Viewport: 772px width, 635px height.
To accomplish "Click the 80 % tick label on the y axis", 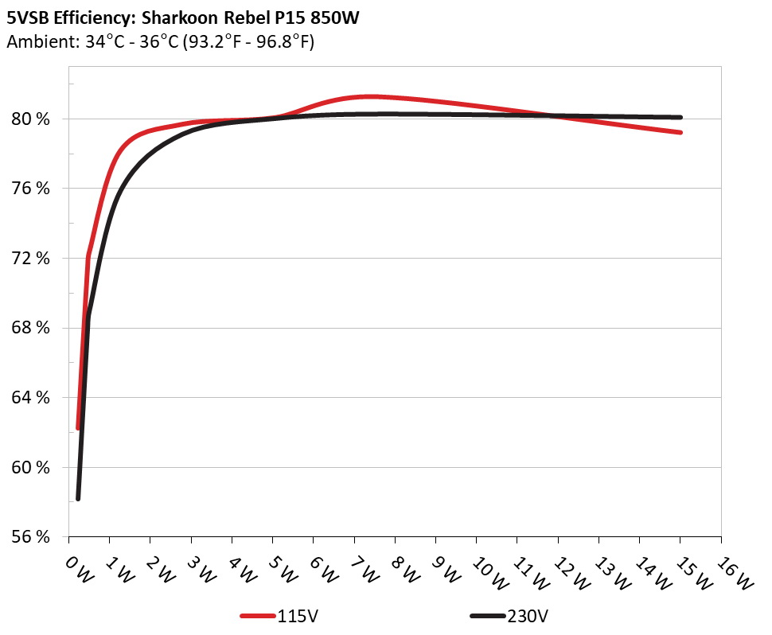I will [31, 119].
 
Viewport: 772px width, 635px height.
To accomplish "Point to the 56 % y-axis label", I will [31, 537].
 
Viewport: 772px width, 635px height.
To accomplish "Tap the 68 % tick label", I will [31, 328].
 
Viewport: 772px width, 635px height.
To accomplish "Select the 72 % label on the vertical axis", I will [31, 259].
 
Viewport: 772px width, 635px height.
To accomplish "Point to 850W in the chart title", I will [329, 18].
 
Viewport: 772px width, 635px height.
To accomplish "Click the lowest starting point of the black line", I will [78, 498].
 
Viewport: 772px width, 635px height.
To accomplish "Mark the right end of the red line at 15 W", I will [680, 132].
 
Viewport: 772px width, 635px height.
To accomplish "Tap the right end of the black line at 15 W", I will [680, 117].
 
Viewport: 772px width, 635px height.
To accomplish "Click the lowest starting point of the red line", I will [78, 428].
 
